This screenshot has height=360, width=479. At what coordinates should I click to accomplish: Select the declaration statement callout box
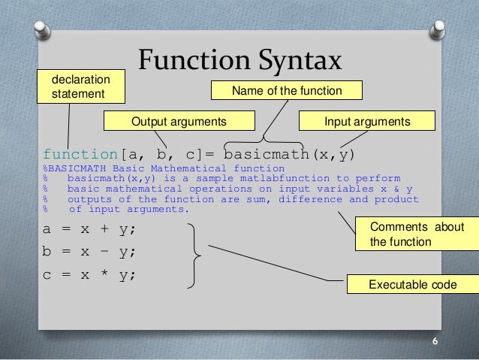click(80, 86)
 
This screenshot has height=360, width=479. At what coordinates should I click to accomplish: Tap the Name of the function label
click(287, 91)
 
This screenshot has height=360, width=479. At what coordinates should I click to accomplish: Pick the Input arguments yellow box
click(366, 121)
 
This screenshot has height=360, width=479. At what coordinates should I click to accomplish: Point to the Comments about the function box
click(416, 234)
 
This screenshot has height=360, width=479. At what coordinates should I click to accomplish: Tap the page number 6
click(435, 341)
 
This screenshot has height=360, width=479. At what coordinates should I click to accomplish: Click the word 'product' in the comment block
click(396, 199)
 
